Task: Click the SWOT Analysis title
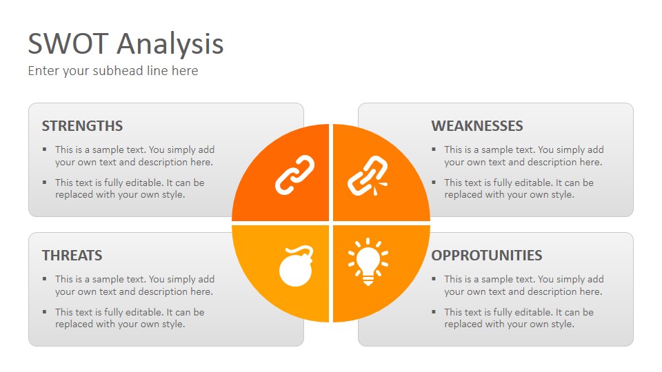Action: (126, 45)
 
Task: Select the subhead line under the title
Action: (113, 71)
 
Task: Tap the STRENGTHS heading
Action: (82, 125)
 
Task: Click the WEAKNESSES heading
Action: (477, 125)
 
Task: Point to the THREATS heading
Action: (72, 255)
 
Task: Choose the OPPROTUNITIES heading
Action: (487, 255)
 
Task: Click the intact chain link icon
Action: (294, 175)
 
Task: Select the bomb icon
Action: (297, 266)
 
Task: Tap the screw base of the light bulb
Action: (368, 280)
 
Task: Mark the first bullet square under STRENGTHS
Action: (45, 149)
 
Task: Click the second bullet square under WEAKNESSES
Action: (434, 182)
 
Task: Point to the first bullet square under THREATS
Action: (45, 279)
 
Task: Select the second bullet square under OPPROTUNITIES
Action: (434, 311)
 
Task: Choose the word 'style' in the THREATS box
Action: (173, 324)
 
